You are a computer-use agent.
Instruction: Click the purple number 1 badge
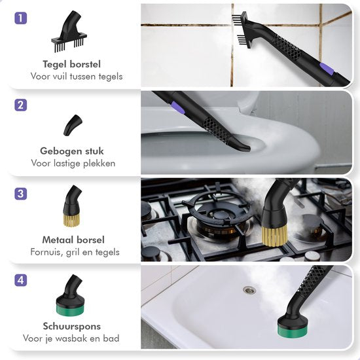22,18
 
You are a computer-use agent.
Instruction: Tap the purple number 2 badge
22,105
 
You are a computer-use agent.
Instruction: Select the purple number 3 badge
22,194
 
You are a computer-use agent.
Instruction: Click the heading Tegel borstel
76,64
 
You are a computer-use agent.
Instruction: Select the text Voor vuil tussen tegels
76,77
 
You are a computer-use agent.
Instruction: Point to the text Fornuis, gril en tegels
76,252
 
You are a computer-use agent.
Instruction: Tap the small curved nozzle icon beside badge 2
73,124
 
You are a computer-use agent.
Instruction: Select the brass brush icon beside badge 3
72,208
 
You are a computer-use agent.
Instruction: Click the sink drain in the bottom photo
248,289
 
